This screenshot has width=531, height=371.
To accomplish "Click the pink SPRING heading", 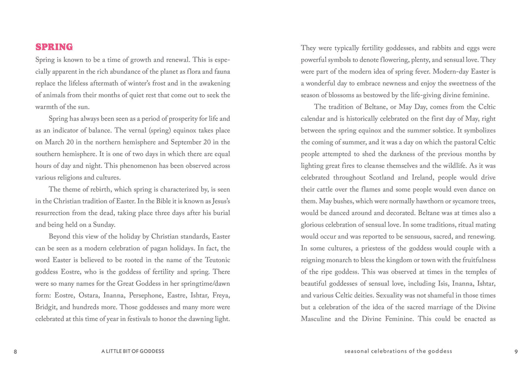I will [54, 47].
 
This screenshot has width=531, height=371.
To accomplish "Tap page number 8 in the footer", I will [15, 351].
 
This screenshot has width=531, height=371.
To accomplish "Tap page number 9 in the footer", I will [516, 351].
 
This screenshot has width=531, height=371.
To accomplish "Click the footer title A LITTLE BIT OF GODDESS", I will [133, 351].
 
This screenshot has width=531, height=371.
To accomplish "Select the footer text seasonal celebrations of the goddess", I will [398, 351].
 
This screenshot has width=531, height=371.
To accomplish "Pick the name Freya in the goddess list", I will [220, 295].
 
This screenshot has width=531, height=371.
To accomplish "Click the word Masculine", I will [316, 319].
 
